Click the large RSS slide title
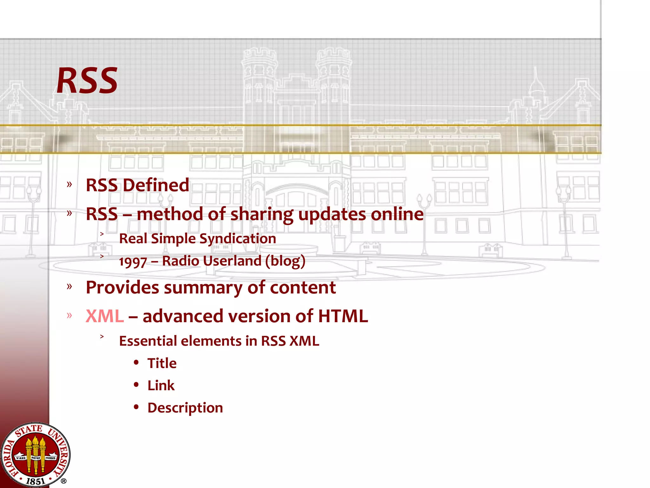87,81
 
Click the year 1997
133,262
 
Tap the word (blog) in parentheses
285,261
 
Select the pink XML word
105,316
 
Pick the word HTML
343,316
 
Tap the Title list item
162,363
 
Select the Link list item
161,385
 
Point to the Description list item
185,408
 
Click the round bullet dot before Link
136,385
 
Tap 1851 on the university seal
35,481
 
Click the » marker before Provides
70,287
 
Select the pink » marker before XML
70,315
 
